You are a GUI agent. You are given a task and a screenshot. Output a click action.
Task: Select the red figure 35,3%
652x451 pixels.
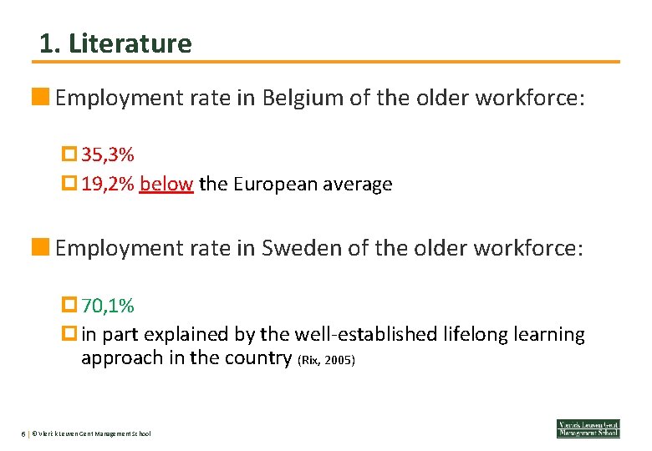(x=108, y=155)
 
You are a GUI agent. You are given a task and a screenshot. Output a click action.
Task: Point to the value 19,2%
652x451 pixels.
(x=108, y=185)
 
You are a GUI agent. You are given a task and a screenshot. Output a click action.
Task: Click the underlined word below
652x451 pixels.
(x=166, y=185)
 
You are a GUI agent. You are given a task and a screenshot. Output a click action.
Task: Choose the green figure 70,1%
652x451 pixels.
(x=108, y=307)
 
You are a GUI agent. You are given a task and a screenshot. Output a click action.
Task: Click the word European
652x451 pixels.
(x=274, y=185)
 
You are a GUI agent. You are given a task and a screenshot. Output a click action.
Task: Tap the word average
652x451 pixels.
(x=357, y=185)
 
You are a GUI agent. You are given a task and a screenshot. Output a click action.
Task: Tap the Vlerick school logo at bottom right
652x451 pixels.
(x=588, y=428)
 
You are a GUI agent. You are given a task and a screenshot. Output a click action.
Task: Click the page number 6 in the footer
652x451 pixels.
(x=23, y=433)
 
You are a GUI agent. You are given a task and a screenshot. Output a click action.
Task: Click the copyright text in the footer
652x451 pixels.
(x=92, y=433)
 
